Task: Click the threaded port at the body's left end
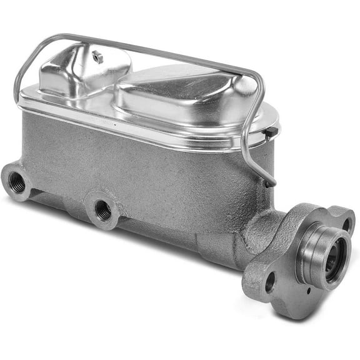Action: [x=18, y=182]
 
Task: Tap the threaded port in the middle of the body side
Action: [x=102, y=211]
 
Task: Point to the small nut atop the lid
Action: [x=97, y=56]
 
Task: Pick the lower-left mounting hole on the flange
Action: [x=269, y=282]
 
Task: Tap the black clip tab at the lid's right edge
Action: [x=271, y=133]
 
